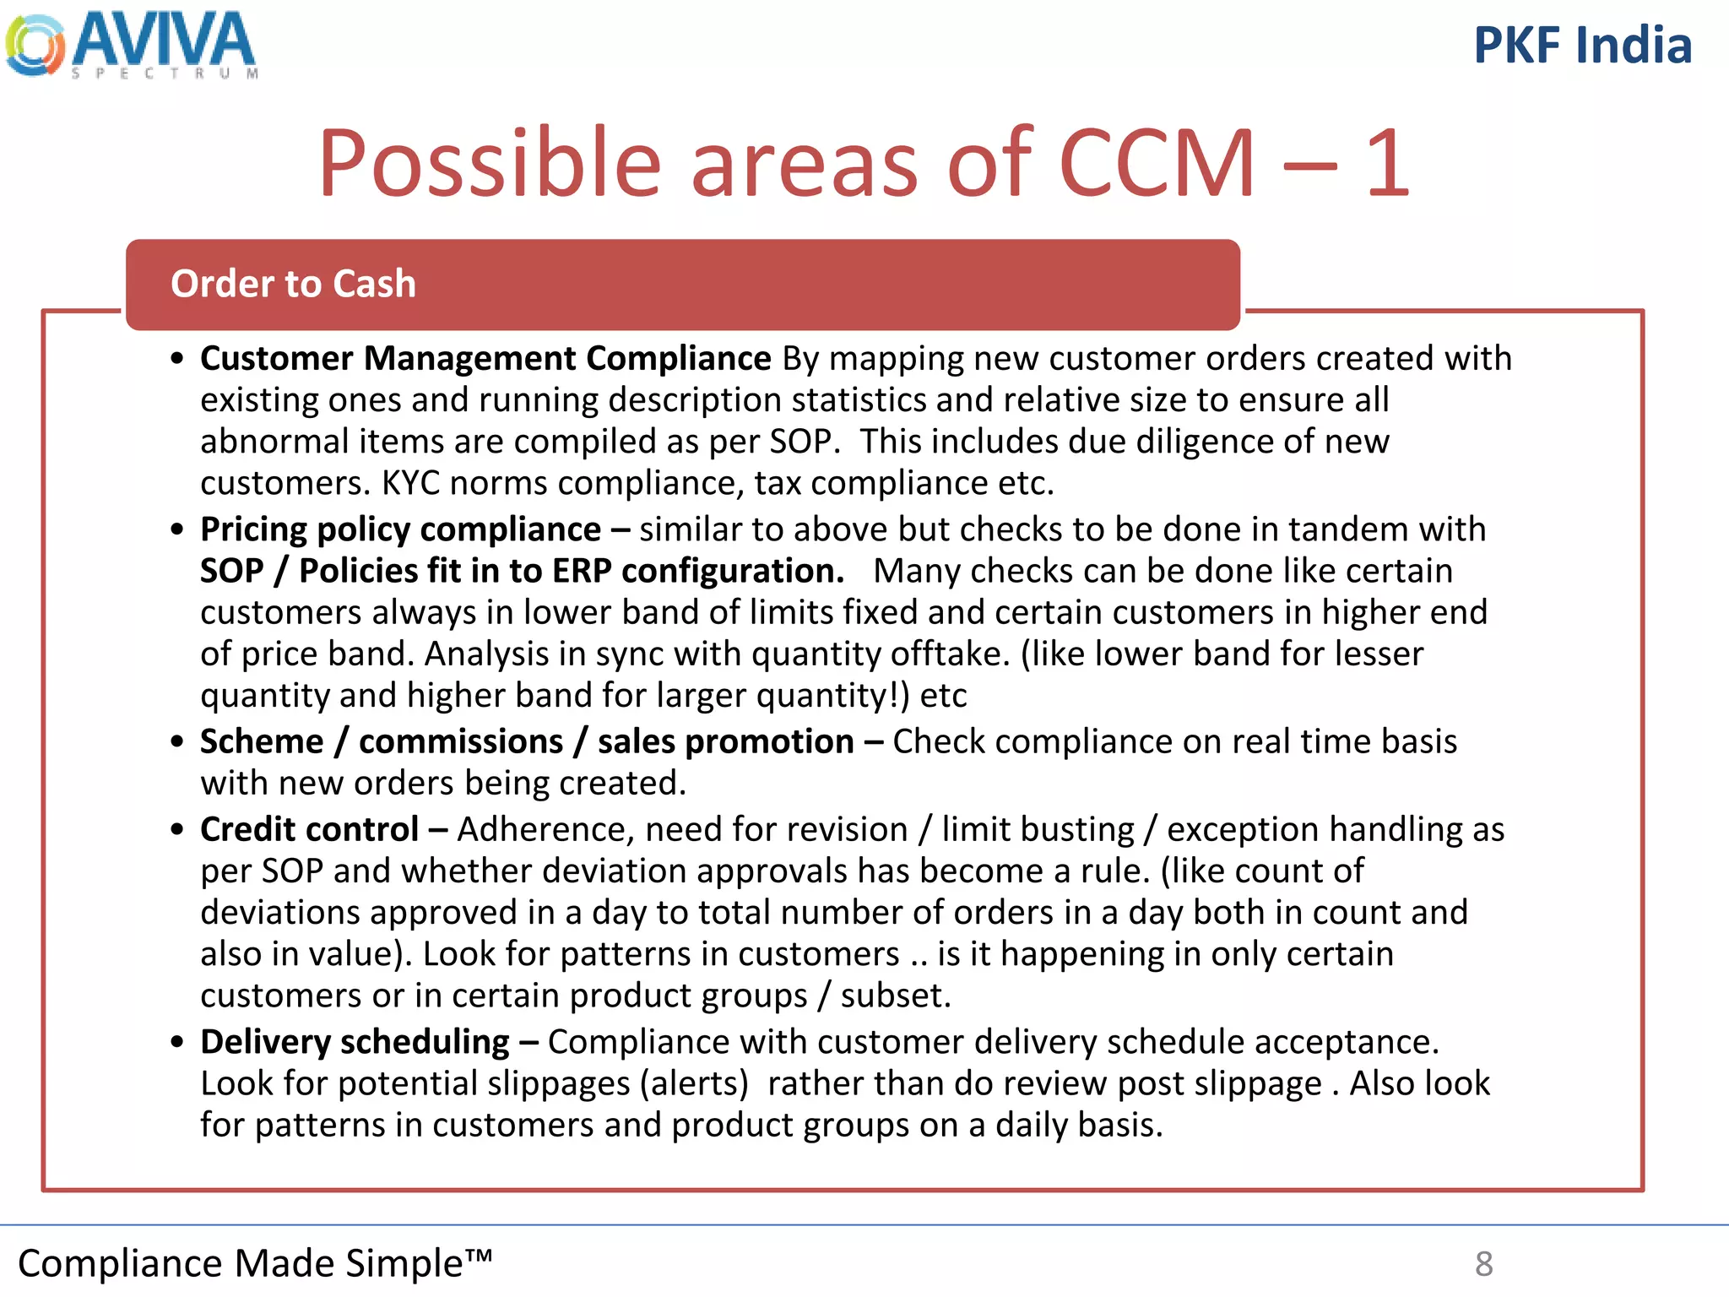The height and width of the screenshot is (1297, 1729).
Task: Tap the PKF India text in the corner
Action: pos(1582,46)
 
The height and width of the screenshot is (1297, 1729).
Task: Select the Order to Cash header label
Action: pos(293,284)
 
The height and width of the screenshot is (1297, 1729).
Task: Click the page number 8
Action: pos(1483,1264)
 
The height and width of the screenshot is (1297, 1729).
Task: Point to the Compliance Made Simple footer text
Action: pos(254,1263)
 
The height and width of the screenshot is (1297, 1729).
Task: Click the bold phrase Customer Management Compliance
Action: pos(485,359)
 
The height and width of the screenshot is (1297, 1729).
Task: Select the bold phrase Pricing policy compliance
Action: pos(400,529)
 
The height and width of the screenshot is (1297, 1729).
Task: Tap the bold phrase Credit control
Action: pos(309,829)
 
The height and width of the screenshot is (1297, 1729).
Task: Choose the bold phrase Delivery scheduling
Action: pos(355,1042)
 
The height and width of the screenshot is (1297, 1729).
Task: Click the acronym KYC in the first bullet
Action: pos(411,483)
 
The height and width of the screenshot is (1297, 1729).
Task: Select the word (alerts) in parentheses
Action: pos(694,1084)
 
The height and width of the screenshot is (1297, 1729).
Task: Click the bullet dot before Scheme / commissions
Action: pos(176,742)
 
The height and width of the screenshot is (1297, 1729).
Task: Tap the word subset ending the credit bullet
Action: pos(895,996)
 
